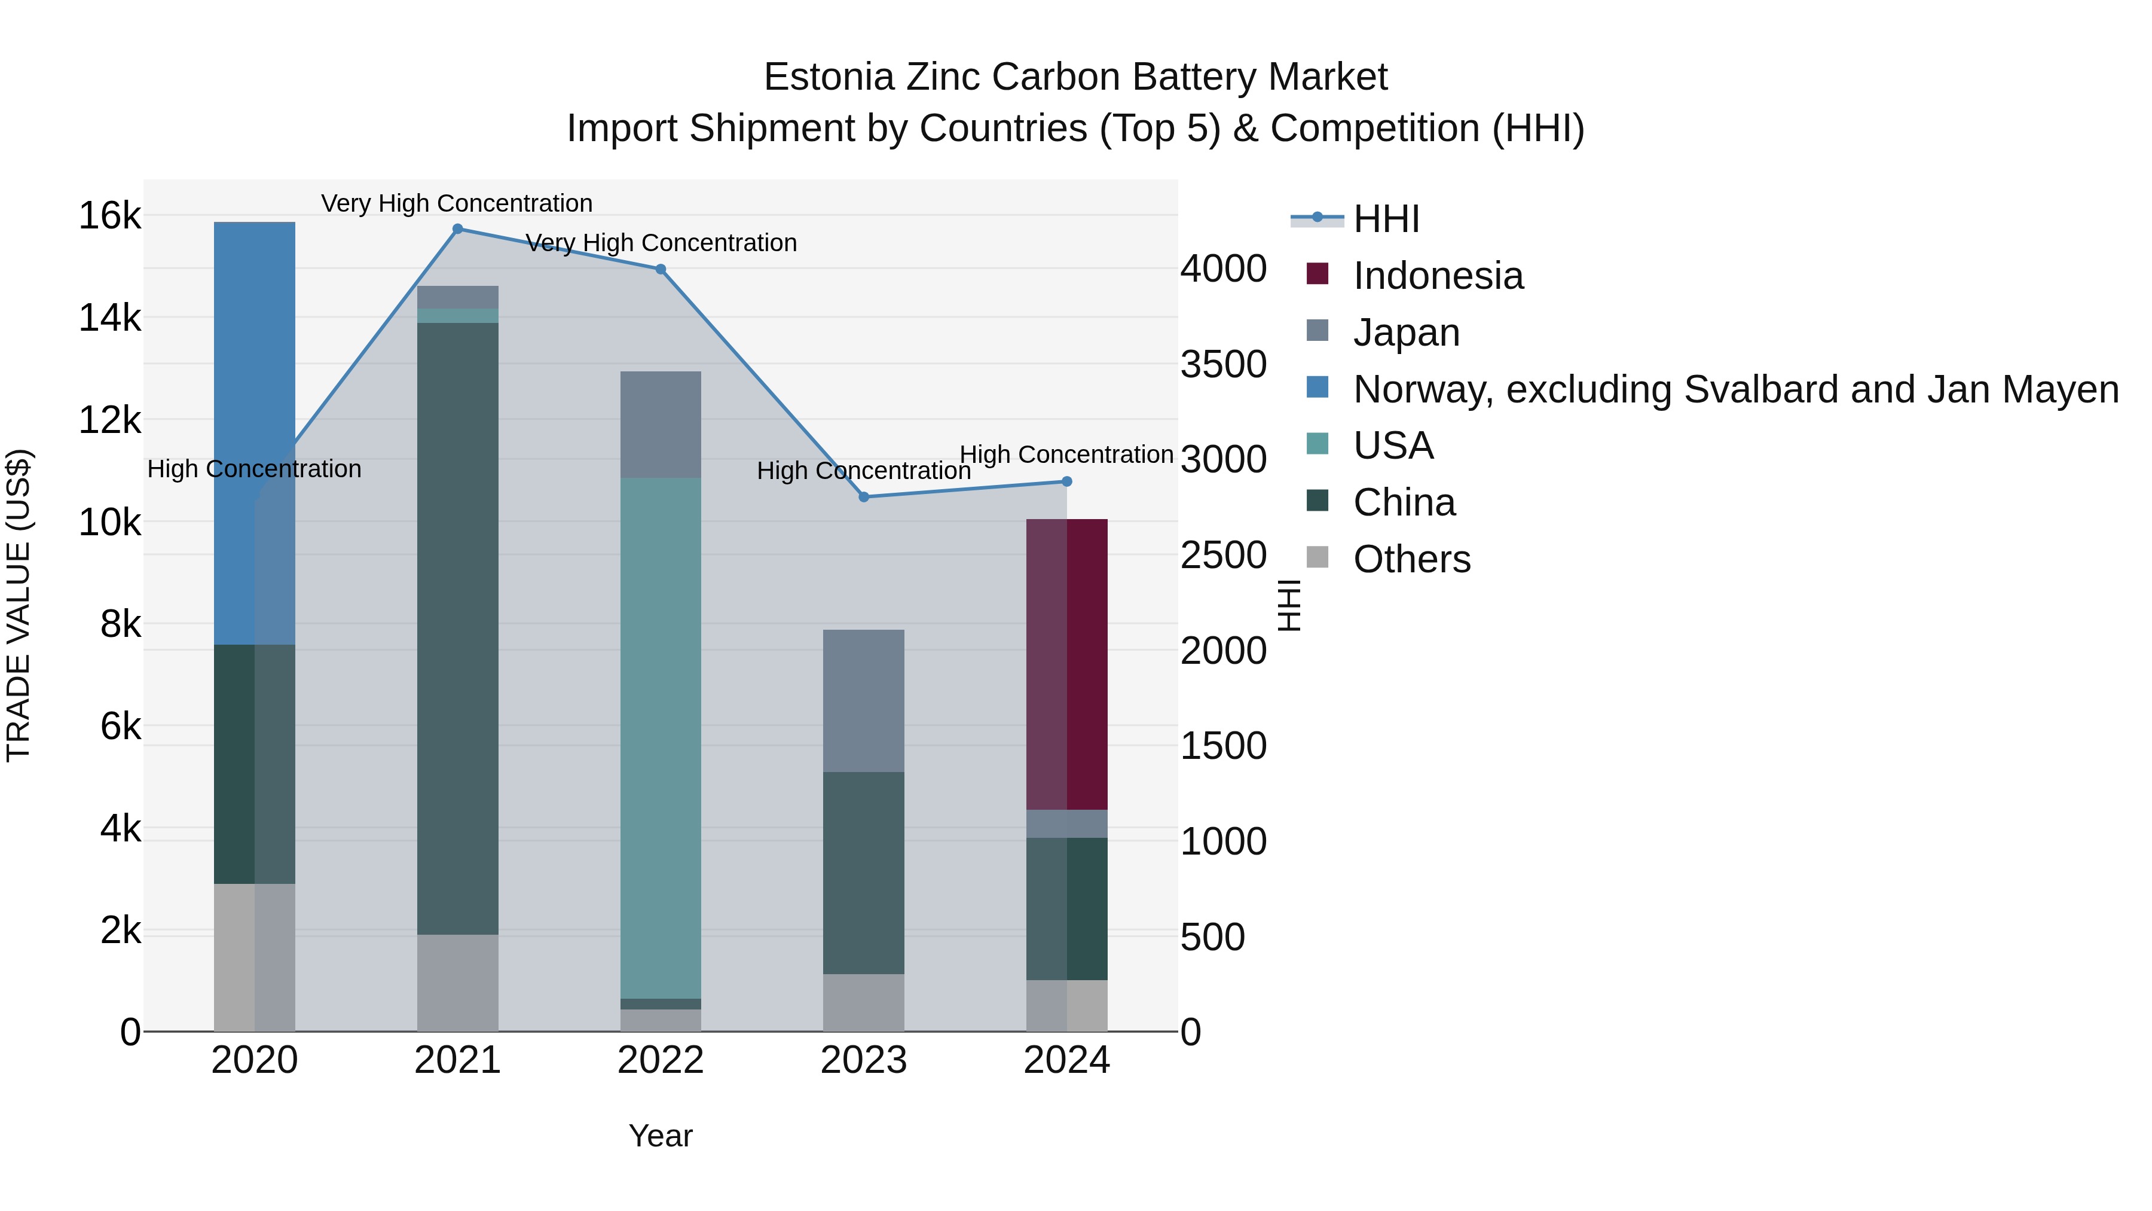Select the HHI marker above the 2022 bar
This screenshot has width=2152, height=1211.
(x=661, y=269)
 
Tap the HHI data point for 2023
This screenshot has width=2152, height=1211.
(x=864, y=498)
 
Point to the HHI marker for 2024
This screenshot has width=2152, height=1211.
(x=1067, y=481)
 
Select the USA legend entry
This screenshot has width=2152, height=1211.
(x=1393, y=446)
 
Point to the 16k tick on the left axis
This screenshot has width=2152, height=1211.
(x=109, y=216)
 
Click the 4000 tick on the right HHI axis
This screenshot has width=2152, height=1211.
(x=1223, y=269)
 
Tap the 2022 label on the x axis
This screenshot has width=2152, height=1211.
(x=661, y=1060)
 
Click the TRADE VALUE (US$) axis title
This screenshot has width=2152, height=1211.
(x=19, y=605)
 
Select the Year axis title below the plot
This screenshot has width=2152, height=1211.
(x=660, y=1136)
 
